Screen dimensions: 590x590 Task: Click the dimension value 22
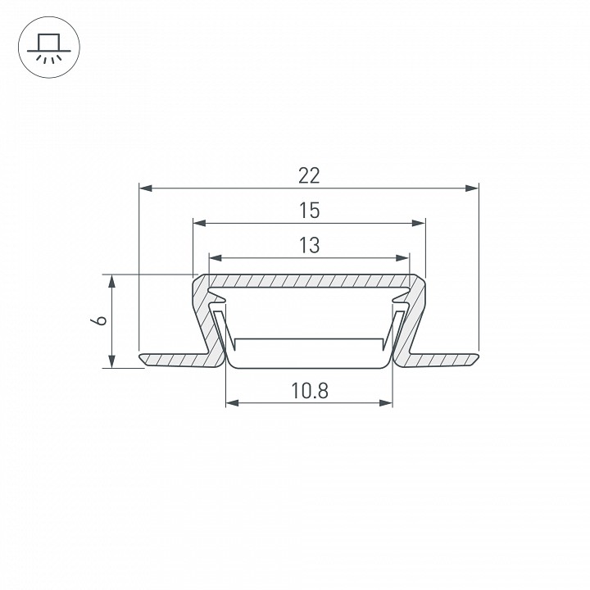(x=309, y=175)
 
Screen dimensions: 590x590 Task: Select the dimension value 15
(x=309, y=211)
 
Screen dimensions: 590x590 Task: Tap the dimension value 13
(x=309, y=245)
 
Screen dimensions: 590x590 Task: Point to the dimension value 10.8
(x=310, y=391)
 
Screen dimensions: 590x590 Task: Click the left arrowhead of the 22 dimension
(x=146, y=188)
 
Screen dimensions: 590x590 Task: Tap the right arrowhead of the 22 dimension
(x=472, y=188)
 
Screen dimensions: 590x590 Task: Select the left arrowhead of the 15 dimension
(x=199, y=223)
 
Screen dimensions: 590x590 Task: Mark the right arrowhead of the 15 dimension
(x=419, y=223)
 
